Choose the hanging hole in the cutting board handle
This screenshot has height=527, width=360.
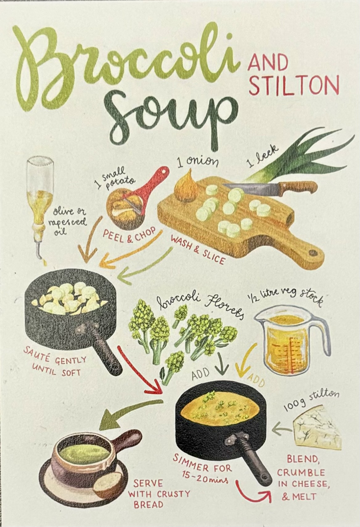pos(313,253)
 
